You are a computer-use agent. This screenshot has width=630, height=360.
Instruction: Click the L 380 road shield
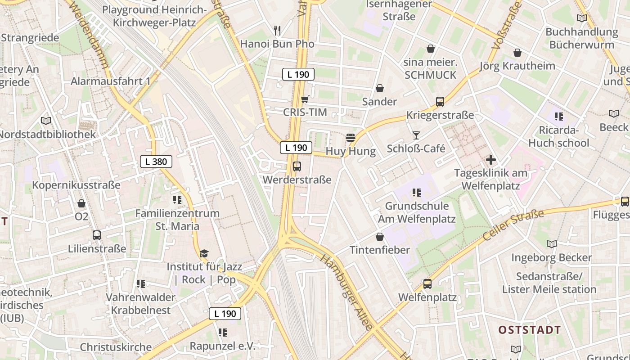(x=156, y=162)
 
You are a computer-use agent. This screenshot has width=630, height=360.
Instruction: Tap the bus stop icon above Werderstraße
(x=297, y=166)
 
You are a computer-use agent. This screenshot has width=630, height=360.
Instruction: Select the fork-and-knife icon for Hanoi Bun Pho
(x=277, y=31)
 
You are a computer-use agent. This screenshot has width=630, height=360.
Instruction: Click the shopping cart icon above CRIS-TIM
(x=305, y=99)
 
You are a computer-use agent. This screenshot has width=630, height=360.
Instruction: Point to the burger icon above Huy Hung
(x=351, y=138)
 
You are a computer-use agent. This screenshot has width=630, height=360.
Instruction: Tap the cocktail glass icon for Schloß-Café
(x=416, y=135)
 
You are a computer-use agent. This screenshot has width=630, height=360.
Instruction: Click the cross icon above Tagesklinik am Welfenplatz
(x=491, y=160)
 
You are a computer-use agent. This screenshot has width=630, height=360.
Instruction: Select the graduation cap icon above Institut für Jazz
(x=204, y=253)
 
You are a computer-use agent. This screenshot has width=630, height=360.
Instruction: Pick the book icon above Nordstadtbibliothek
(x=46, y=121)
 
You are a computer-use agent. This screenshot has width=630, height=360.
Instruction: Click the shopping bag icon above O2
(x=81, y=203)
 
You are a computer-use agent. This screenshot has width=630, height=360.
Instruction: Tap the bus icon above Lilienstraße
(x=97, y=235)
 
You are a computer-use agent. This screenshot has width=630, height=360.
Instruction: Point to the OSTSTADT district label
(x=530, y=330)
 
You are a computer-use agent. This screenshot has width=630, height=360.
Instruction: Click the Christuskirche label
(x=116, y=347)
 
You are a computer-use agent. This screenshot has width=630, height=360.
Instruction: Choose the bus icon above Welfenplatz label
(x=427, y=284)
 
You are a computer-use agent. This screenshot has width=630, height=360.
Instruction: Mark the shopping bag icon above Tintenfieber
(x=380, y=237)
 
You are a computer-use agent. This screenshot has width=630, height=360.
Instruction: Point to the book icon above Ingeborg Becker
(x=552, y=244)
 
